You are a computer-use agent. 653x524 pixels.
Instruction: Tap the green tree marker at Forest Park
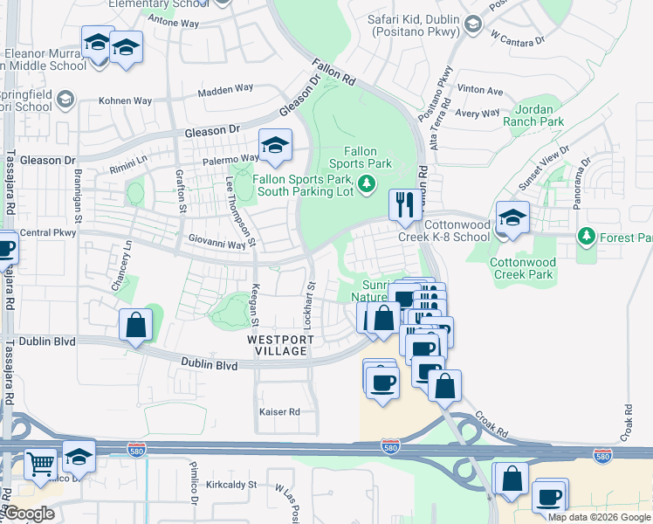pos(586,237)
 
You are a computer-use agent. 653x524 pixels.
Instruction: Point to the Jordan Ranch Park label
pos(533,116)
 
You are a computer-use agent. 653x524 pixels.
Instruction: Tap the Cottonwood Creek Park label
pos(521,268)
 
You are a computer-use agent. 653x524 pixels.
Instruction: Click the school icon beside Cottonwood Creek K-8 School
pos(512,218)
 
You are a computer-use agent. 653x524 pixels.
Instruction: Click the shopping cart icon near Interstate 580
pos(40,464)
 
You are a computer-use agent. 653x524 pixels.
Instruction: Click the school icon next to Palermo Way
pos(276,147)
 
